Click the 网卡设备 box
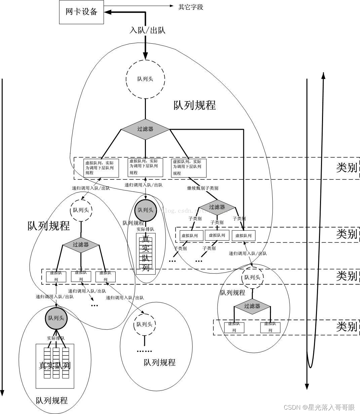(x=81, y=12)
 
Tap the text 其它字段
(x=191, y=7)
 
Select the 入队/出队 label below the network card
(x=148, y=30)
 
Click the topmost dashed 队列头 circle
(x=145, y=79)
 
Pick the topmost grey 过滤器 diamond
(x=145, y=129)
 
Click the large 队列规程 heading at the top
(x=195, y=105)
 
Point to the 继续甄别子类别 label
(x=203, y=188)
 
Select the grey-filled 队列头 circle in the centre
(x=145, y=210)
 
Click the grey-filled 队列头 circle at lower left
(x=56, y=318)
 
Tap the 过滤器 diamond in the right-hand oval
(x=252, y=306)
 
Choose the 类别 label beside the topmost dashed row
(x=346, y=168)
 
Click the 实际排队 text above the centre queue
(x=145, y=229)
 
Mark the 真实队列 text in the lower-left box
(x=55, y=366)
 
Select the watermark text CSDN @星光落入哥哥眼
(x=319, y=407)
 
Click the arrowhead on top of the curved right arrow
(x=323, y=75)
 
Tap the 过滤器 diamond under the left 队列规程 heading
(x=81, y=245)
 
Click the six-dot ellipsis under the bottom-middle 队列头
(x=145, y=351)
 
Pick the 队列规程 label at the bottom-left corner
(x=52, y=401)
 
